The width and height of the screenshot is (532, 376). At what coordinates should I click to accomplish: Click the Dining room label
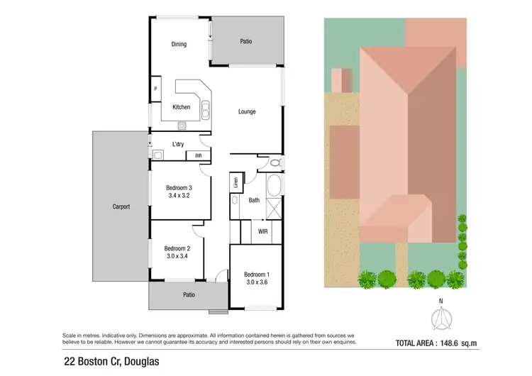point(179,45)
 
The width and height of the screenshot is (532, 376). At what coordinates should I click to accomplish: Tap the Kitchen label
point(182,107)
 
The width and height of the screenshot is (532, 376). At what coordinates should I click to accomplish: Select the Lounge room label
point(247,111)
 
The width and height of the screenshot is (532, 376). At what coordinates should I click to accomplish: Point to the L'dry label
point(179,144)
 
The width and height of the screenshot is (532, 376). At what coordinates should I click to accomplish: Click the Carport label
point(121,207)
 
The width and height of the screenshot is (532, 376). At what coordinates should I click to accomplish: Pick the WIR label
point(262,231)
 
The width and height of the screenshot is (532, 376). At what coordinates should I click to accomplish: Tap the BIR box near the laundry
point(199,155)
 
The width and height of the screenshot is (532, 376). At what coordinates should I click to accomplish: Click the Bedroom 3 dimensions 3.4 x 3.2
point(179,196)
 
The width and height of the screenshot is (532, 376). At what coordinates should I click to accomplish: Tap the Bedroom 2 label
point(177,248)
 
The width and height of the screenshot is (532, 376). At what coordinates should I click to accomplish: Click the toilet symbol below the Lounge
point(277,163)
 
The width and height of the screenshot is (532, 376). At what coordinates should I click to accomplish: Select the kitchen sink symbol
point(205,109)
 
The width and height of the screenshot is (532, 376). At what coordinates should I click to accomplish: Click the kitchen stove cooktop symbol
point(181,126)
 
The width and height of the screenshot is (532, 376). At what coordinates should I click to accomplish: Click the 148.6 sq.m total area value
point(461,343)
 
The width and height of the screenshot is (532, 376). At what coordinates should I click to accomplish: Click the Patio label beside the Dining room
point(246,42)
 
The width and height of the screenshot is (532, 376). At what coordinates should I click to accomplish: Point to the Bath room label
point(254,200)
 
